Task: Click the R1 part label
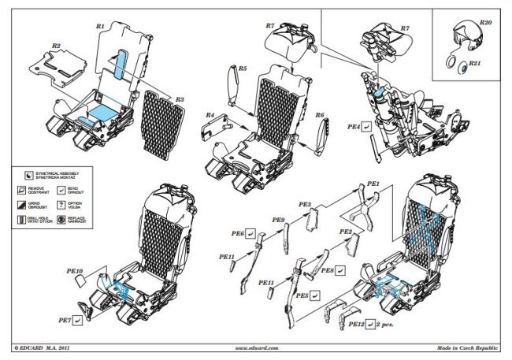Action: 100,26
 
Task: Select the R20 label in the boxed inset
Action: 484,24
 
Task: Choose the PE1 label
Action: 374,184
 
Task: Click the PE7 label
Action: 69,320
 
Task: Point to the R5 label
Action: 243,69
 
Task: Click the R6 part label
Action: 320,115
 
